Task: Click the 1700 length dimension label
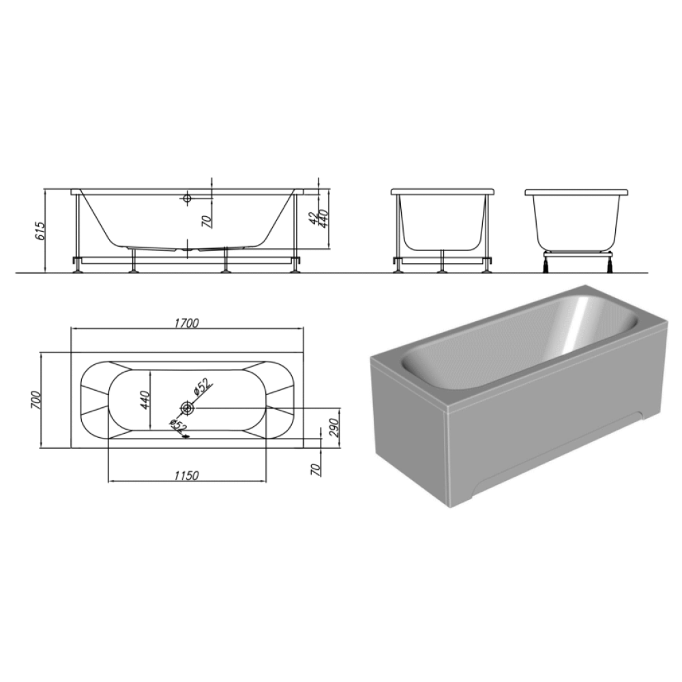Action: [187, 323]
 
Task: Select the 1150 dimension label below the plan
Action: [187, 475]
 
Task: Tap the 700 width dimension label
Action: [35, 400]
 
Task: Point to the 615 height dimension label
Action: [40, 231]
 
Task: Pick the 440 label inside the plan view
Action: [145, 400]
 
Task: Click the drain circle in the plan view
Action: [188, 408]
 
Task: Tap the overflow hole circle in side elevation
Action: [188, 198]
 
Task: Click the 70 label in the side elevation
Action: [207, 222]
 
